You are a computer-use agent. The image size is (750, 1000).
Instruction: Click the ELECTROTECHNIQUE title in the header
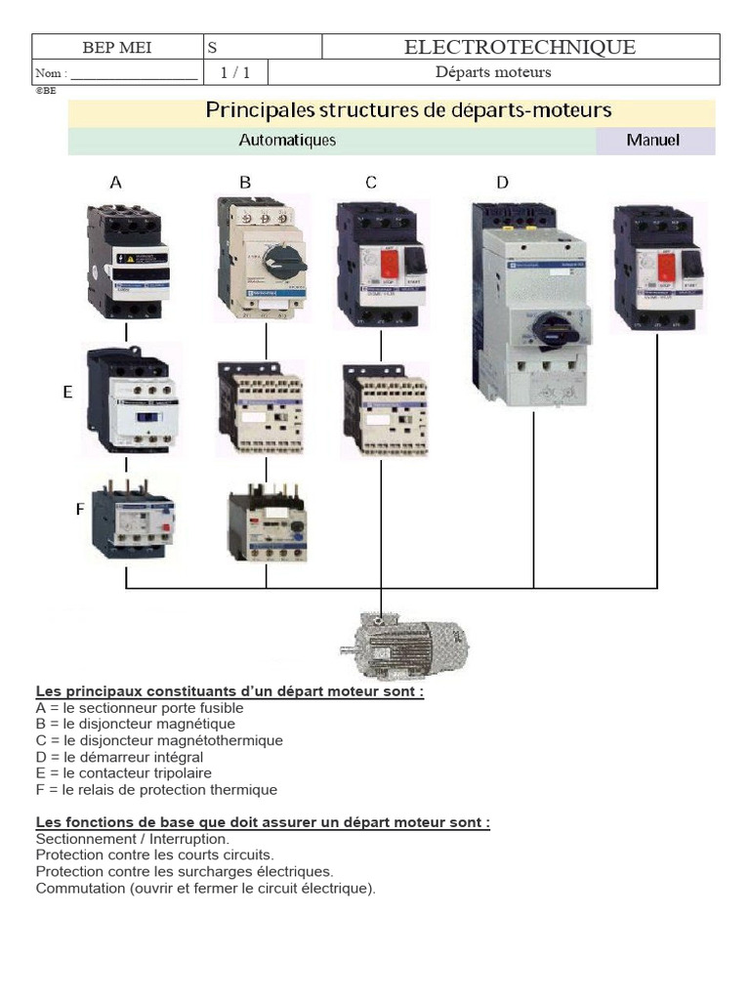(520, 47)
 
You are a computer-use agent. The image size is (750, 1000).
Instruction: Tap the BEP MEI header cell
(116, 48)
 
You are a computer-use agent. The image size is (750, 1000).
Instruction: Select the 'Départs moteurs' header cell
(492, 72)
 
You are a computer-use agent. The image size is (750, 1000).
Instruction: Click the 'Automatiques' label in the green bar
(287, 141)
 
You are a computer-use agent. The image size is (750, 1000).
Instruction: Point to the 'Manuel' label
(653, 141)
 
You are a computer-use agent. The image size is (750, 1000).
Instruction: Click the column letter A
(116, 183)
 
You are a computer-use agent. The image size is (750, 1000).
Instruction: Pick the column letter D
(502, 183)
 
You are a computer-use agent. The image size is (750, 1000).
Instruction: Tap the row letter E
(67, 393)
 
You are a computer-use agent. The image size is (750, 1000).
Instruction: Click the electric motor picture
(405, 644)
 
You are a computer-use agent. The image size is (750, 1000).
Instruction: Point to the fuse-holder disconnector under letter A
(127, 262)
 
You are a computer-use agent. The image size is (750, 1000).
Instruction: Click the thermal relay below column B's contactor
(267, 528)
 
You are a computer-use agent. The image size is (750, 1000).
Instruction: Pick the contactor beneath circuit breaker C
(384, 410)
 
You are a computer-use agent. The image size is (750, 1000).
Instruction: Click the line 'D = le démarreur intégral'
(119, 757)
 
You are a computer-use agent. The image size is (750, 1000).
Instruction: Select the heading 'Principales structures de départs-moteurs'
(408, 110)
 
